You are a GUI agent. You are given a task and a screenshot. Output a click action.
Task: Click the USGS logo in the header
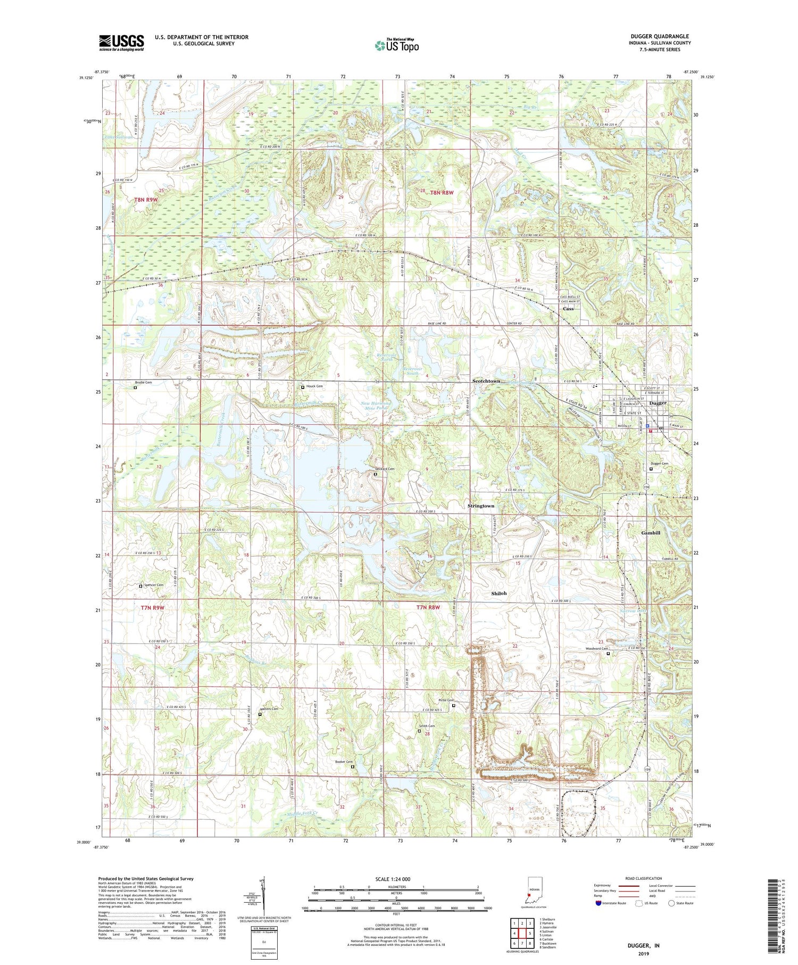(x=121, y=43)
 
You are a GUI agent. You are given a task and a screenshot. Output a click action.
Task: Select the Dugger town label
(x=658, y=403)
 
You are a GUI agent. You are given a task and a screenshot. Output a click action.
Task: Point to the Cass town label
(x=568, y=309)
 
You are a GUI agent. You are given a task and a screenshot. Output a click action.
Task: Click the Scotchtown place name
(x=486, y=381)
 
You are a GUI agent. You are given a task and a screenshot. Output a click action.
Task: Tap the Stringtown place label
(x=480, y=506)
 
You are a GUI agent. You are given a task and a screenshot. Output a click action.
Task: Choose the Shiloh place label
(x=498, y=593)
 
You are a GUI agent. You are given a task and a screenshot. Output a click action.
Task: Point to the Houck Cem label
(x=314, y=386)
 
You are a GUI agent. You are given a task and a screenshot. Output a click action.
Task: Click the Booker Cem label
(x=344, y=762)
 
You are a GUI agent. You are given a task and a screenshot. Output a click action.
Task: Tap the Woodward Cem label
(x=596, y=648)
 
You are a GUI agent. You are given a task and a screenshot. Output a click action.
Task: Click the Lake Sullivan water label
(x=118, y=137)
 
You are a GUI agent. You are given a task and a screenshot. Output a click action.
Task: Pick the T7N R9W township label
(x=153, y=607)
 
